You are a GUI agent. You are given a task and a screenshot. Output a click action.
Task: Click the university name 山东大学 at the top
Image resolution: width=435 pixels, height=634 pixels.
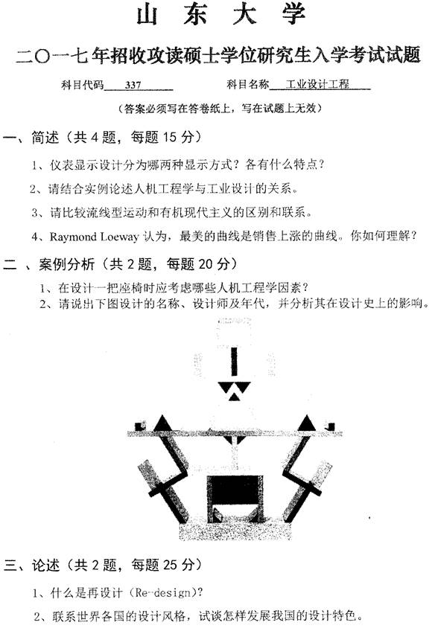coord(221,16)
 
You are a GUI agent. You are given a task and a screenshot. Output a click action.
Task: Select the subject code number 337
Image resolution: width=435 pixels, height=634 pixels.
coord(133,85)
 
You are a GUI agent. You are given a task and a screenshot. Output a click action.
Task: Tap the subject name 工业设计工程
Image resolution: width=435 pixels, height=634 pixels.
coord(317,85)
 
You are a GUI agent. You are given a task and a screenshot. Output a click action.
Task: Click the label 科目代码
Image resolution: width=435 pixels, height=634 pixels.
coord(83,85)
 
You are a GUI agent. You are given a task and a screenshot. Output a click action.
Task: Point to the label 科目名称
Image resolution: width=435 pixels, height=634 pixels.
coord(247,85)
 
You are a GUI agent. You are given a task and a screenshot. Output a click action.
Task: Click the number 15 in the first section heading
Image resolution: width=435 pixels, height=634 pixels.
coord(170,138)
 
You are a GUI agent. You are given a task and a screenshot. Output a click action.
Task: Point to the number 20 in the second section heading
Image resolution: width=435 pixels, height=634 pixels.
coord(206,264)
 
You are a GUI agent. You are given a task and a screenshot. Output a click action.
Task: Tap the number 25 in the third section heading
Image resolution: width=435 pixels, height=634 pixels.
coord(171,565)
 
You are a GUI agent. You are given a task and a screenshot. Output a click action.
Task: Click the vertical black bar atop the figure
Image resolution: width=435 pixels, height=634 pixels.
coord(233,362)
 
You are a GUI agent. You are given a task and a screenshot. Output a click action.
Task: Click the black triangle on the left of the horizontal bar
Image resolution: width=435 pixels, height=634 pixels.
coord(162,423)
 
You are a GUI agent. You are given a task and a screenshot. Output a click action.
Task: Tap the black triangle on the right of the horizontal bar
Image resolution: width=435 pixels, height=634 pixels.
coord(306,423)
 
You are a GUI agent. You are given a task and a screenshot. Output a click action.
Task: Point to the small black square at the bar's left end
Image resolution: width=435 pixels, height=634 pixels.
coord(141,426)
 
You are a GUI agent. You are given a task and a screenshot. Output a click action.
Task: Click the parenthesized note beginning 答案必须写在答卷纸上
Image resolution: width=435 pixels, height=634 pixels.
coord(220,109)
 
